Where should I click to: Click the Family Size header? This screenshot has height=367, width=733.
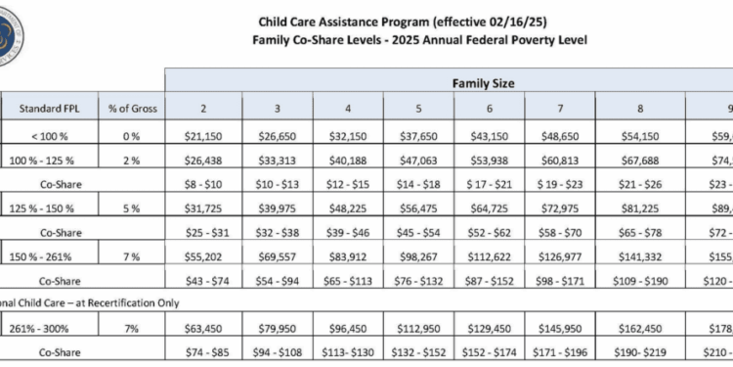(482, 84)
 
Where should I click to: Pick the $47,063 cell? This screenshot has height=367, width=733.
(415, 157)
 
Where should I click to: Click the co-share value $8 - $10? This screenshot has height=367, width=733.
(204, 182)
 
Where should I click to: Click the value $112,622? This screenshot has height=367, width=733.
(486, 256)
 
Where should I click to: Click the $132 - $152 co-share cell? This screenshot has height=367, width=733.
(415, 351)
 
